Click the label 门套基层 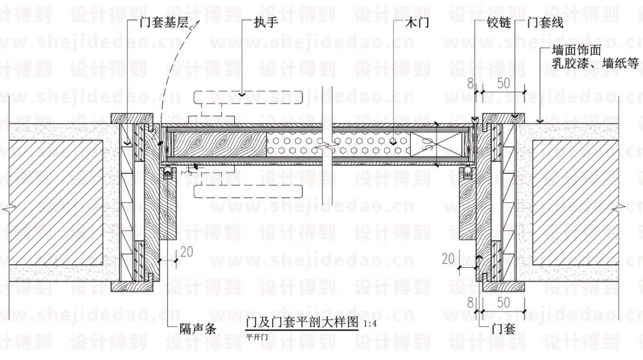(x=163, y=24)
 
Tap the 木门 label (x=417, y=24)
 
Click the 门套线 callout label (x=545, y=24)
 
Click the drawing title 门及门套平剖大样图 (x=302, y=323)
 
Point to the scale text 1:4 (x=370, y=324)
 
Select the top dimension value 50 (x=504, y=83)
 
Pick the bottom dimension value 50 (x=504, y=302)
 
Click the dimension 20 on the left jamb (x=186, y=251)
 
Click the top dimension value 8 (x=470, y=83)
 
